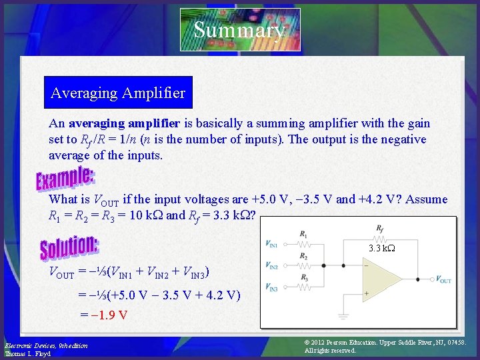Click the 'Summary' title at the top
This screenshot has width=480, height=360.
pos(240,30)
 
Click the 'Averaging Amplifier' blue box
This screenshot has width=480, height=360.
pos(118,93)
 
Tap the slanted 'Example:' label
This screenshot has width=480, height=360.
pos(65,178)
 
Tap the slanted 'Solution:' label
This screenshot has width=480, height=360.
pos(70,247)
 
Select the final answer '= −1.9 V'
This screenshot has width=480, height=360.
pos(104,315)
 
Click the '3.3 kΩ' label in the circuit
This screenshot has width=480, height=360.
pos(382,249)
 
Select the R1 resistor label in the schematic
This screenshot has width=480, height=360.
pos(303,235)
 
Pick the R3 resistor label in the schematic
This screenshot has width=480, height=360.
pos(303,277)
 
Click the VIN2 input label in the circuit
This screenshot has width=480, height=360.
pos(272,266)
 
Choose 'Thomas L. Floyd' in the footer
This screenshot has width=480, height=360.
pos(27,353)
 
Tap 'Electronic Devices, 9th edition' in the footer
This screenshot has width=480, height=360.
pos(45,345)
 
